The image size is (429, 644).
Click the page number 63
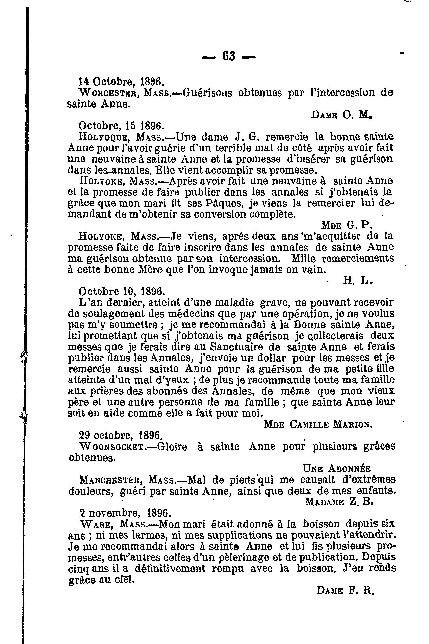(x=228, y=57)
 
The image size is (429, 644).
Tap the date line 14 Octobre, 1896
(x=121, y=81)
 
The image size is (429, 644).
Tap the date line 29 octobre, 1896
(x=120, y=435)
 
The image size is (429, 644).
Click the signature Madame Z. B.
(x=339, y=502)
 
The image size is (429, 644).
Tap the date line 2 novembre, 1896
(x=125, y=513)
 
